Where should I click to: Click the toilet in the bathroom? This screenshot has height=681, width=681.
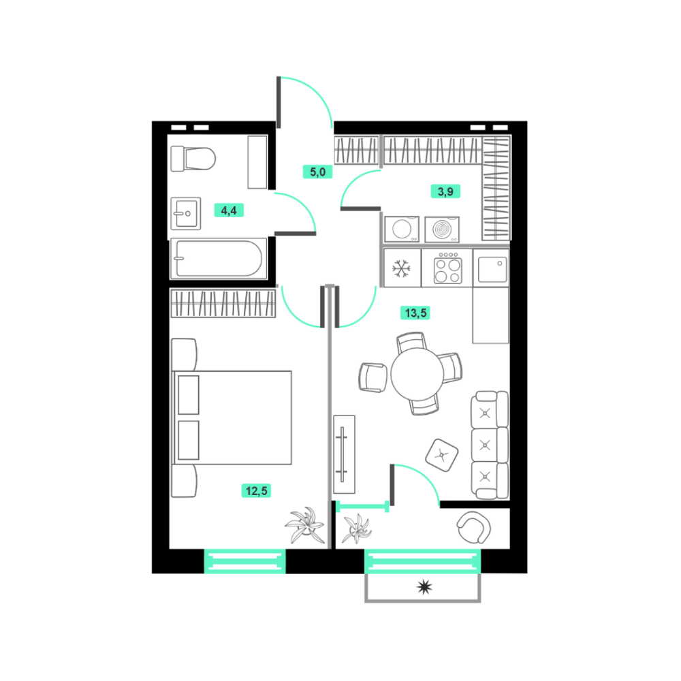coord(193,159)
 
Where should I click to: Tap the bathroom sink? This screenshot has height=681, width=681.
coord(186,213)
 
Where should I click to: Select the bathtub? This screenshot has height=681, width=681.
coord(219,258)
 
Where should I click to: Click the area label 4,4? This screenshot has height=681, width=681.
coord(229,210)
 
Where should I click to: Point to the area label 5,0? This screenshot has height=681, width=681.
coord(317,172)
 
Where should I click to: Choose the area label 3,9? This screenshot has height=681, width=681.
coord(445,191)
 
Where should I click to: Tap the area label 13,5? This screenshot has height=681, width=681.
coord(415,313)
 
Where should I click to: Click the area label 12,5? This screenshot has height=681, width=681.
coord(256,491)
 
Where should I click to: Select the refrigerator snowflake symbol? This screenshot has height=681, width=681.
coord(401,268)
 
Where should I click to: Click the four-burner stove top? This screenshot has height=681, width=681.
coord(448,270)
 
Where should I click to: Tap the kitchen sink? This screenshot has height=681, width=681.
coord(492,269)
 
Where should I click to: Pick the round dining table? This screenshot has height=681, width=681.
coord(417,374)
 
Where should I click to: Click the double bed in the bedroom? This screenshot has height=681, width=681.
coord(232,417)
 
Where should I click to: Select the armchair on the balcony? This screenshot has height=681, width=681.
coord(473,527)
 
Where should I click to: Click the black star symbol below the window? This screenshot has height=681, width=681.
coord(424,587)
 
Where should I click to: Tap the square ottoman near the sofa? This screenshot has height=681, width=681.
coord(442,455)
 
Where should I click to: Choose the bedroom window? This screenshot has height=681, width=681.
coord(245,561)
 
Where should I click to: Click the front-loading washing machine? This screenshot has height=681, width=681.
coord(402,229)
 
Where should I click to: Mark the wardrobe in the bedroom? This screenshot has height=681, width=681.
coord(223,303)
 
